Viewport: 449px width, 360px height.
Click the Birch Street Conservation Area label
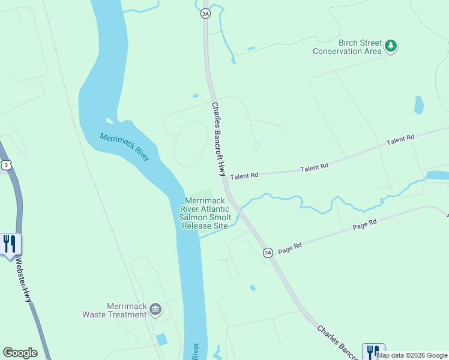347,47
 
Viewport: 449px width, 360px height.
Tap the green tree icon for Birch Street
391,46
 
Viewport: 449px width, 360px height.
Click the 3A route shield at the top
206,13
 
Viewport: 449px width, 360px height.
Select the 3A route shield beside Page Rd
268,253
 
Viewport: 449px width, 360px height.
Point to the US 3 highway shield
6,164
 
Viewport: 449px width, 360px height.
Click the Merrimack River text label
124,147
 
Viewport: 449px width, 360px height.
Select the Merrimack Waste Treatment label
127,310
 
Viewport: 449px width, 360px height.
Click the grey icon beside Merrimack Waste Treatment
155,309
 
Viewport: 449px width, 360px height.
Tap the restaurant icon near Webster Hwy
10,244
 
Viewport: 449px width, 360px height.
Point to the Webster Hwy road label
24,280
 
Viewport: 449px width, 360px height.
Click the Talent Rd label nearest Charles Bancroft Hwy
244,175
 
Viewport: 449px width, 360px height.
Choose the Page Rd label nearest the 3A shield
289,246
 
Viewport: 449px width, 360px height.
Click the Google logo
20,353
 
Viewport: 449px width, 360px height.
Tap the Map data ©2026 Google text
412,355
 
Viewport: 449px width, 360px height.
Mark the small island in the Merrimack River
109,121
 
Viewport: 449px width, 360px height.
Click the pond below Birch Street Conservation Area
418,105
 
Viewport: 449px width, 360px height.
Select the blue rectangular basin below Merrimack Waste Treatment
161,340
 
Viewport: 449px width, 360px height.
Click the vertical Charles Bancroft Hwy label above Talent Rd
220,138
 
